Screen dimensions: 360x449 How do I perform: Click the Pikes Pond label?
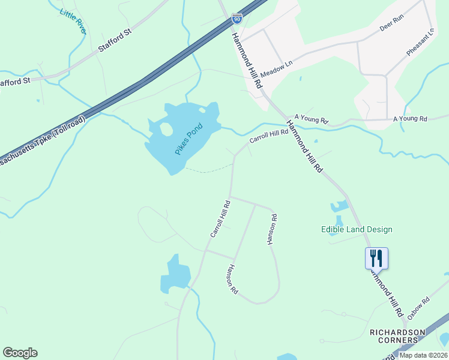point(189,139)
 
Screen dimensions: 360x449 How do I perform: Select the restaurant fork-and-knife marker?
point(376,258)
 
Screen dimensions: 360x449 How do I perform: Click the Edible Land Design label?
point(357,229)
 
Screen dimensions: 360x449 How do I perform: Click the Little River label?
point(73,19)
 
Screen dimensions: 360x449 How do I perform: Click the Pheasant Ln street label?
point(420,43)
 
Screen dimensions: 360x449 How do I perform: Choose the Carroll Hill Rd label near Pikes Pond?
point(269,136)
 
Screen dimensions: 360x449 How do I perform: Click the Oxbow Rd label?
point(418,308)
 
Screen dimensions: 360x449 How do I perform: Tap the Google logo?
point(20,353)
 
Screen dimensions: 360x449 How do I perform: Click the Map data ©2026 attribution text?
point(423,355)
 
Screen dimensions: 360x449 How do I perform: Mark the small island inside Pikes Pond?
point(166,129)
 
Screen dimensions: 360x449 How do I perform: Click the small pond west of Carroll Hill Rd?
point(175,274)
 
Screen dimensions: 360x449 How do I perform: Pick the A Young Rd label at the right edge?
point(409,119)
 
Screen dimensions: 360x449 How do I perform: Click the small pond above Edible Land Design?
point(338,208)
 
